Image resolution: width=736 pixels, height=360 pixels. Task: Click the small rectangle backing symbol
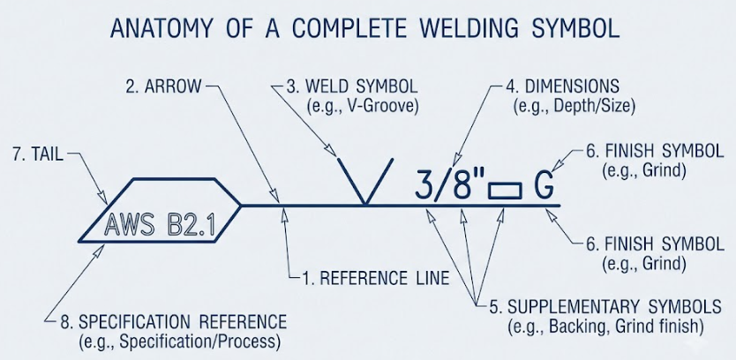pos(505,191)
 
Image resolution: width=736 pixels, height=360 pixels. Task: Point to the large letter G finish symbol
pos(544,185)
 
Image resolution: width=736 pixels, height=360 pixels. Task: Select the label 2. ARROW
pos(163,86)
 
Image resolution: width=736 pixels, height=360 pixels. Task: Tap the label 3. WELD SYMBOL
pos(351,86)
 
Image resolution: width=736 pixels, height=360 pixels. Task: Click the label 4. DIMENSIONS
pos(562,86)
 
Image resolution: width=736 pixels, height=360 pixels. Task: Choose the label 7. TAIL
pos(38,155)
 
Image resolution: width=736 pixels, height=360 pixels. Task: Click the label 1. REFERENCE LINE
pos(376,278)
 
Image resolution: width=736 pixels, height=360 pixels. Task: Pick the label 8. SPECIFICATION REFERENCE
pos(173,322)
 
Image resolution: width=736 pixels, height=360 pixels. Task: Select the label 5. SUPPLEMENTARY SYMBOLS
pos(605,306)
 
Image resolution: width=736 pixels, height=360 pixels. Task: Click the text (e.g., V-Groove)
pos(362,107)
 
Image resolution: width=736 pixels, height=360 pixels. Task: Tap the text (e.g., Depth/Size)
pos(575,107)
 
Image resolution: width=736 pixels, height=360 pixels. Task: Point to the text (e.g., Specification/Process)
pos(180,341)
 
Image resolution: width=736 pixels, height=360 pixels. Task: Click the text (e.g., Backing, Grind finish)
pos(605,326)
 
